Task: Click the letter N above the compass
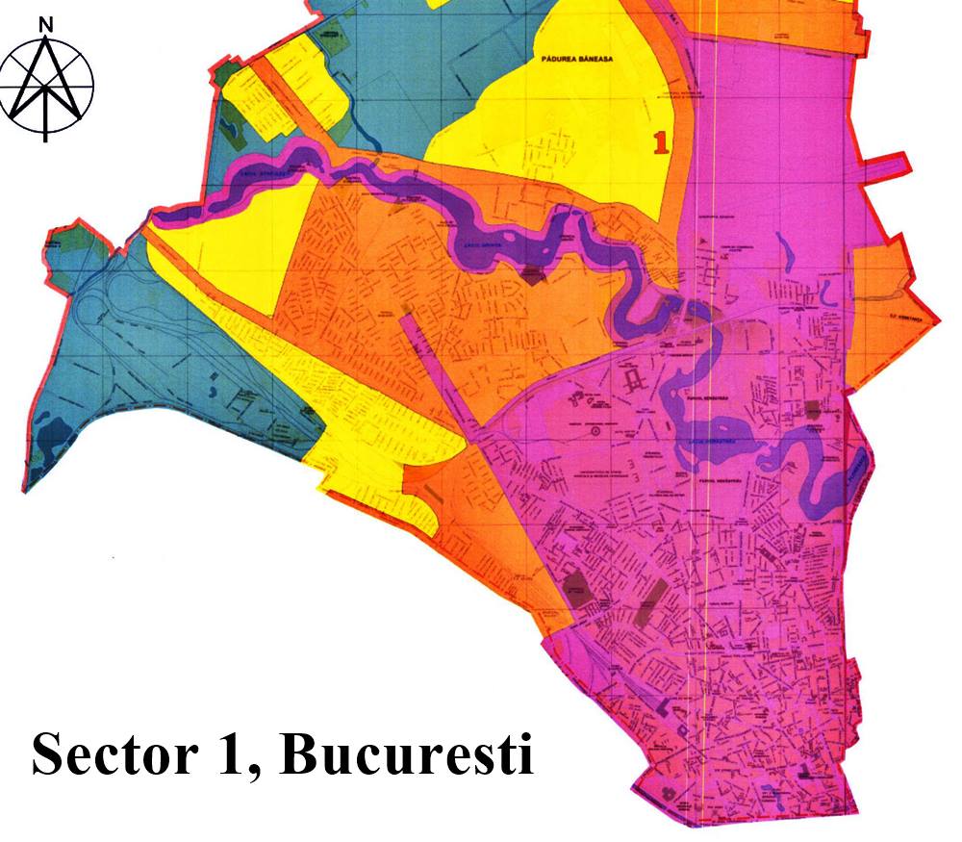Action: (45, 23)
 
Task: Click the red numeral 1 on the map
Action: (660, 142)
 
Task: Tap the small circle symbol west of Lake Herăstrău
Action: (595, 433)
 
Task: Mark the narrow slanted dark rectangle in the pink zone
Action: (651, 601)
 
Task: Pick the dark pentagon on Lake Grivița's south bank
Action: (531, 275)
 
